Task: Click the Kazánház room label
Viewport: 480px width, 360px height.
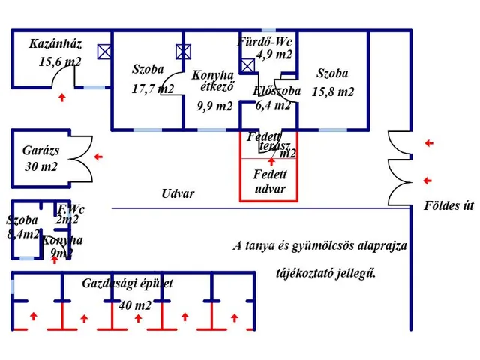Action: [x=55, y=43]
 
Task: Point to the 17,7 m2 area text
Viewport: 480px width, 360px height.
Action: [x=152, y=88]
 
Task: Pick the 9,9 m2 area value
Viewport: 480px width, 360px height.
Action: [x=214, y=106]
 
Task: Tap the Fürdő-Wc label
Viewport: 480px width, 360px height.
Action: [x=265, y=42]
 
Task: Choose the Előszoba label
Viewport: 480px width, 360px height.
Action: [x=277, y=91]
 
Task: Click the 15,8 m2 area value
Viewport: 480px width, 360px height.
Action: [x=334, y=91]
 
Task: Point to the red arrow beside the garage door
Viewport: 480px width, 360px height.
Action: [x=98, y=157]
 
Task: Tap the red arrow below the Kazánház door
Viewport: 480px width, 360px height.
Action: [x=61, y=97]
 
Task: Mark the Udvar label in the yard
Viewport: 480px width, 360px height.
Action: [x=178, y=193]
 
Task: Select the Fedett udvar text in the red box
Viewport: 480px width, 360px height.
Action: [x=269, y=181]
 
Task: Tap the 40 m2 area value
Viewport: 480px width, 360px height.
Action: [x=135, y=304]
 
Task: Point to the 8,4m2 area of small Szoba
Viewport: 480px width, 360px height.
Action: [x=22, y=234]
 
